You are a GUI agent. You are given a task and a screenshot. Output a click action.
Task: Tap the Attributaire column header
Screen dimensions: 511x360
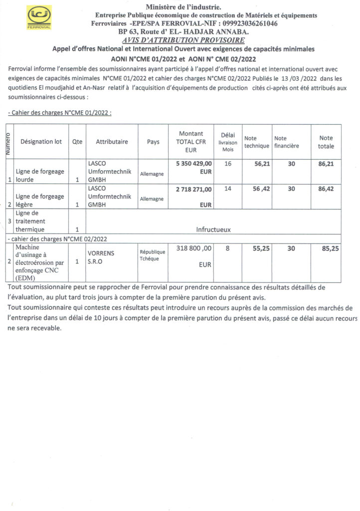pos(112,142)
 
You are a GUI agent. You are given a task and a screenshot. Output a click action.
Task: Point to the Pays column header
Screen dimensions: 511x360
pos(154,142)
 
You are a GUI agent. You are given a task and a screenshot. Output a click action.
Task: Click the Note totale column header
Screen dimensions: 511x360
pos(326,142)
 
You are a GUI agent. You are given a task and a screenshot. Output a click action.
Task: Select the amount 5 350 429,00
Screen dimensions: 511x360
pos(194,163)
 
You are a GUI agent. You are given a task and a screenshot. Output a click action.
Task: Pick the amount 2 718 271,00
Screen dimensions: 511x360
pos(194,189)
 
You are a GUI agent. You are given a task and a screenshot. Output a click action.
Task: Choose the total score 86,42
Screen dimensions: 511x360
pos(326,189)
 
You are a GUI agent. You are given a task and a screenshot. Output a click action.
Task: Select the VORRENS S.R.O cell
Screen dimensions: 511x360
pos(101,257)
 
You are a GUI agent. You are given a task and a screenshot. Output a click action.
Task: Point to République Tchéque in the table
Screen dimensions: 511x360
pos(153,256)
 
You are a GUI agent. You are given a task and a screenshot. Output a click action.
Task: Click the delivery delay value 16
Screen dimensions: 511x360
pos(228,163)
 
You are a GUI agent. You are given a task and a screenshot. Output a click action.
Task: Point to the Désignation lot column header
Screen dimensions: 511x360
pos(41,142)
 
